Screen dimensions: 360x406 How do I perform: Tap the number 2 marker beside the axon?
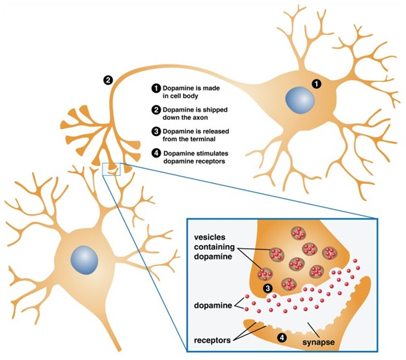[109, 81]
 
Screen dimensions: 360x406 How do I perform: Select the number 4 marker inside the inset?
[282, 337]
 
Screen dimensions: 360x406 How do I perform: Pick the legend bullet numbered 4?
[156, 154]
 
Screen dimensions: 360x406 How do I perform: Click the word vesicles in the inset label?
[210, 235]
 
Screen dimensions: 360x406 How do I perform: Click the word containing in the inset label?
[213, 246]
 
